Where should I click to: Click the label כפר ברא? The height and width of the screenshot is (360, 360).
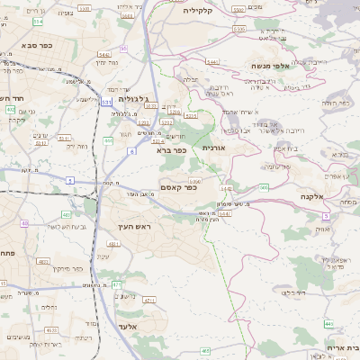pyautogui.click(x=169, y=150)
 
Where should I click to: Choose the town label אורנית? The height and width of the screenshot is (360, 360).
pyautogui.click(x=217, y=147)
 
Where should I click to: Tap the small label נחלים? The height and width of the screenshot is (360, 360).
pyautogui.click(x=48, y=307)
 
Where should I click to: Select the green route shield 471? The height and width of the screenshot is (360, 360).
pyautogui.click(x=116, y=285)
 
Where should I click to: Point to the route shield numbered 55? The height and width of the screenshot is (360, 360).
pyautogui.click(x=123, y=48)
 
